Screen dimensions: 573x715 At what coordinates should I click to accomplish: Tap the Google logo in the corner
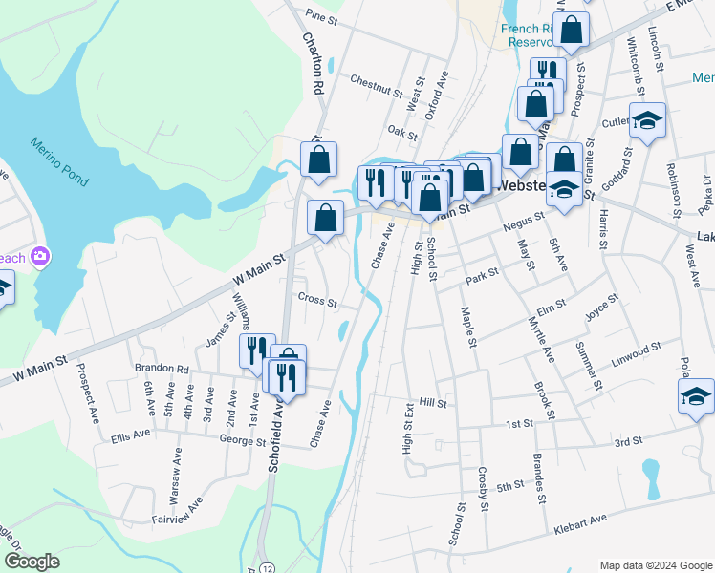pyautogui.click(x=32, y=562)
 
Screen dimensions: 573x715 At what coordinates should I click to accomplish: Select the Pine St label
pyautogui.click(x=321, y=17)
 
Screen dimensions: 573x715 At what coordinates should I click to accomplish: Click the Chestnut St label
pyautogui.click(x=376, y=86)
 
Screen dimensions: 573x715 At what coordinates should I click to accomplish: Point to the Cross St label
pyautogui.click(x=317, y=301)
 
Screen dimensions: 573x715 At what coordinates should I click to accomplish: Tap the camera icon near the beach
pyautogui.click(x=40, y=256)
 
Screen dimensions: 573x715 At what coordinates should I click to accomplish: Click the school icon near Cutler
pyautogui.click(x=647, y=119)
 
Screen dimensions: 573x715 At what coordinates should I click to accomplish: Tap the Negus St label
pyautogui.click(x=522, y=230)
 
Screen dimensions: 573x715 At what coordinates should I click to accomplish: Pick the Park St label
pyautogui.click(x=483, y=275)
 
